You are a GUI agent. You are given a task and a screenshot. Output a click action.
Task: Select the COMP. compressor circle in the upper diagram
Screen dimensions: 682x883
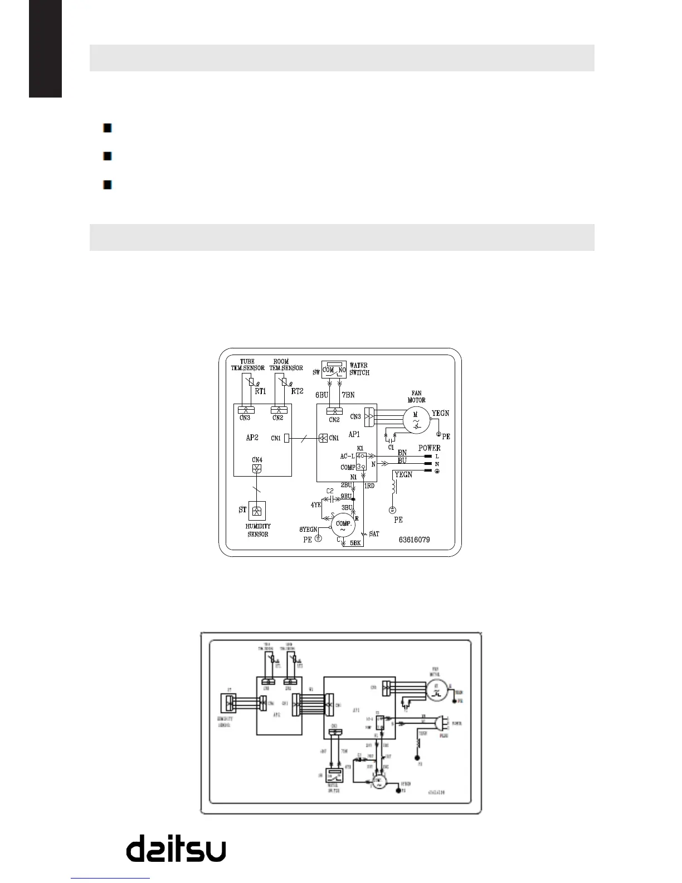tap(343, 526)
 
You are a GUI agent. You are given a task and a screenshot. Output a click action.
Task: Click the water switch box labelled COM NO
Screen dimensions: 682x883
tap(334, 370)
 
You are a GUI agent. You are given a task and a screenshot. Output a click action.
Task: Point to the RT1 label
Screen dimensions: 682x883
tap(260, 391)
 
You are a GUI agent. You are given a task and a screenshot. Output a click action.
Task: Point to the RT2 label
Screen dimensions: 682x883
tap(297, 391)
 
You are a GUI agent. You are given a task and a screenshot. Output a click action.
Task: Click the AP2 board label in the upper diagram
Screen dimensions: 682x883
tap(252, 438)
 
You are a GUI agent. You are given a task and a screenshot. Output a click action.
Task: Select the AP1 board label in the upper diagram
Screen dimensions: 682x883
tap(354, 434)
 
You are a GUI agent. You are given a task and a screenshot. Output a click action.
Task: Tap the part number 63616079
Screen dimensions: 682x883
tap(414, 540)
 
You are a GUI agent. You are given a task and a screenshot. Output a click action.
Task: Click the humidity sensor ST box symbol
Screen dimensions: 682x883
tap(256, 511)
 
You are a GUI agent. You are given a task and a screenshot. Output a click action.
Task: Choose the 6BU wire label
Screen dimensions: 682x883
tap(321, 395)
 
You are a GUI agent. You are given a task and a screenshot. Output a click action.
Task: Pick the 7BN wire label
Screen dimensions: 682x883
tap(348, 395)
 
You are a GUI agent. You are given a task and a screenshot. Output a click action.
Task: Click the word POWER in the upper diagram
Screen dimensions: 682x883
tap(429, 448)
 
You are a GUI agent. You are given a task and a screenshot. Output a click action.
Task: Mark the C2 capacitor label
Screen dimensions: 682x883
tap(330, 491)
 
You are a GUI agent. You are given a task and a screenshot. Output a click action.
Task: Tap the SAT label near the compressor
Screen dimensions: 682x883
tap(374, 533)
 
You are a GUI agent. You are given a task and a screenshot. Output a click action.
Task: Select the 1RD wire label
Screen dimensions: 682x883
tap(369, 486)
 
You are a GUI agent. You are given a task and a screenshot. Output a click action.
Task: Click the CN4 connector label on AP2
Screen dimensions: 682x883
tap(256, 460)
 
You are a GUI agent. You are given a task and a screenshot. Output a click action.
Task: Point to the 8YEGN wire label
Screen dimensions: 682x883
tap(308, 530)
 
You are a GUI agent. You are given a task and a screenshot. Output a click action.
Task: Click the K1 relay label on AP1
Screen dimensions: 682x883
tap(360, 448)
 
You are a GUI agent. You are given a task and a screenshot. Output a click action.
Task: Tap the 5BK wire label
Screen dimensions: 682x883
tap(355, 542)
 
